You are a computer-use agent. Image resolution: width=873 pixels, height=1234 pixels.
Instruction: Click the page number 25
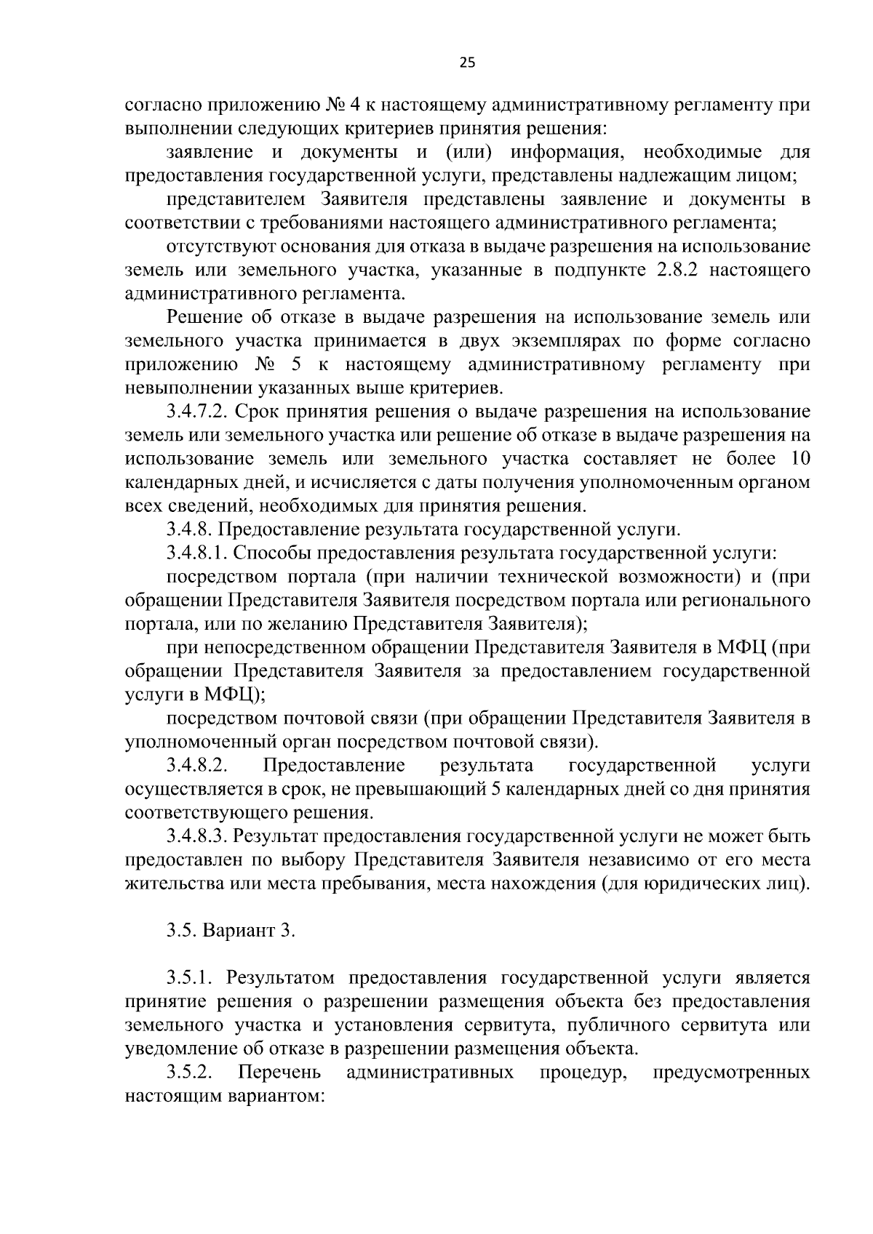(x=467, y=63)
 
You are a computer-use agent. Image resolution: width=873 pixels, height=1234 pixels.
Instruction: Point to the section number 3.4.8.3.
(x=194, y=836)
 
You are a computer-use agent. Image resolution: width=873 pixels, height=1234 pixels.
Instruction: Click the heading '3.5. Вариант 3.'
(x=231, y=931)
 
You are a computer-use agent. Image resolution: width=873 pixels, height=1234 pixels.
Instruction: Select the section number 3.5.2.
(x=190, y=1072)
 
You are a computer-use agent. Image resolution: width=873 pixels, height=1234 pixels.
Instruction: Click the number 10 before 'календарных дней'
(x=798, y=459)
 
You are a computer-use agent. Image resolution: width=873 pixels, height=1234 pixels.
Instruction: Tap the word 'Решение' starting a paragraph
(x=204, y=318)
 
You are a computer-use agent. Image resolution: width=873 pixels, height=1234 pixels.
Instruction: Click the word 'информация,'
(x=569, y=153)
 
